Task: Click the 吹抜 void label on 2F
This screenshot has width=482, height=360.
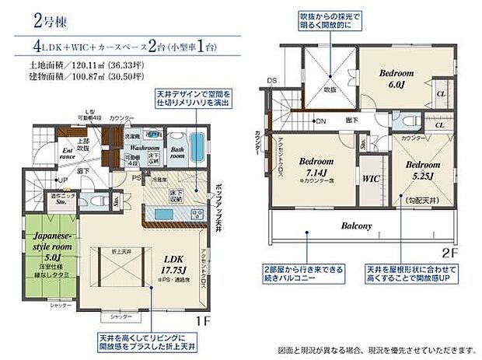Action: [330, 89]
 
